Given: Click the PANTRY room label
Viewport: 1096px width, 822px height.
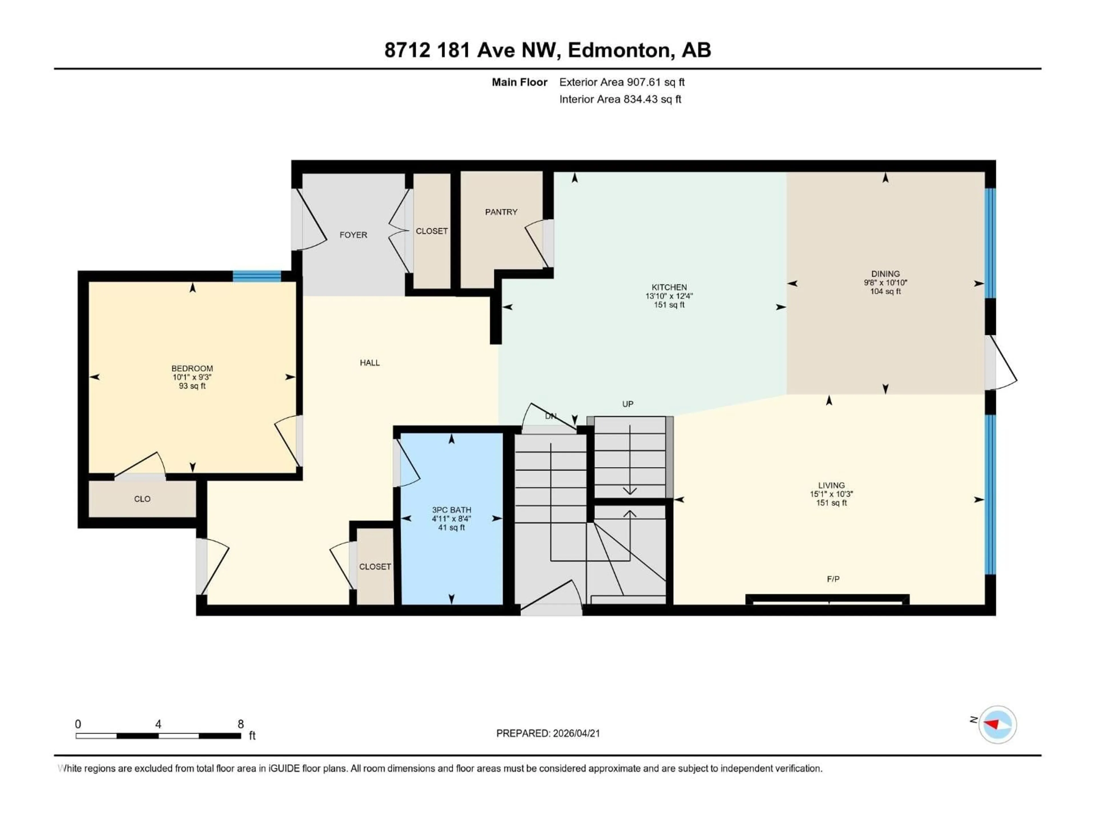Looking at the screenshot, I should pyautogui.click(x=501, y=212).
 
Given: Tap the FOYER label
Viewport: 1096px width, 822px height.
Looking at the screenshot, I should pyautogui.click(x=353, y=235).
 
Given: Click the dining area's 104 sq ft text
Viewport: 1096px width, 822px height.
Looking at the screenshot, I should pyautogui.click(x=885, y=292).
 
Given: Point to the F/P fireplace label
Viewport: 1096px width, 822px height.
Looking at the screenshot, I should pyautogui.click(x=833, y=579).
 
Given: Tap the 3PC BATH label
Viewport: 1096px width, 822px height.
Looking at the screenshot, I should pyautogui.click(x=451, y=510).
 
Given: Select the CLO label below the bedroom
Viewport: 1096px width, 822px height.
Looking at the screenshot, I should pyautogui.click(x=142, y=499).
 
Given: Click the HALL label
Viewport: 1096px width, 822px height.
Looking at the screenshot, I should pyautogui.click(x=370, y=363).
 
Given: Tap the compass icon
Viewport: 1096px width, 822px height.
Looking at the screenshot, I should pyautogui.click(x=998, y=724).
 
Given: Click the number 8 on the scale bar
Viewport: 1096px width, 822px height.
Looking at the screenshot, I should pyautogui.click(x=241, y=724).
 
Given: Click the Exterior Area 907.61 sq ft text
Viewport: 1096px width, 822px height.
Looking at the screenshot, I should pyautogui.click(x=622, y=82).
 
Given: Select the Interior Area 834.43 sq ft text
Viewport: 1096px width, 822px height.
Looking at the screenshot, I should pyautogui.click(x=620, y=99).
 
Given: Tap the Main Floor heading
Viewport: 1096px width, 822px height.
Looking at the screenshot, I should pyautogui.click(x=519, y=82).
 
